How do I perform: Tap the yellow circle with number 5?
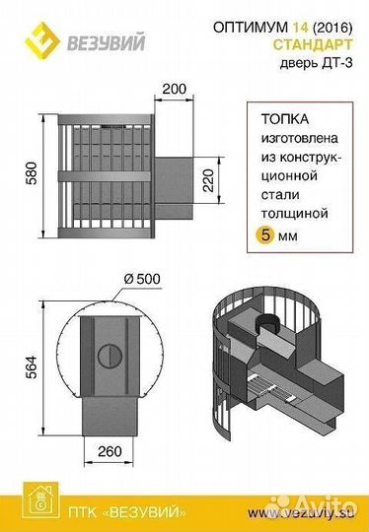[x=264, y=236]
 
